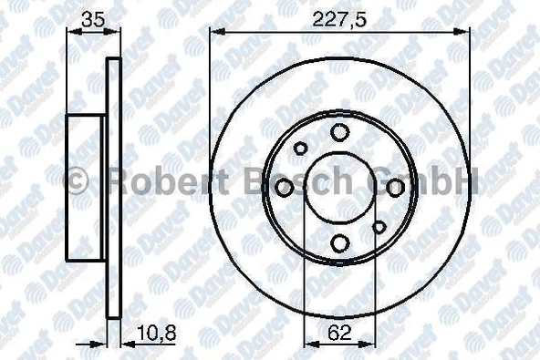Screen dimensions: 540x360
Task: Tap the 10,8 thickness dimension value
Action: click(x=157, y=333)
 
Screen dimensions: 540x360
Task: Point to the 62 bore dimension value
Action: click(x=339, y=333)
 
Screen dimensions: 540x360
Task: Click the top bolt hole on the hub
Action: click(x=339, y=132)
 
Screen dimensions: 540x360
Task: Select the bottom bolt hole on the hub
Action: click(x=339, y=242)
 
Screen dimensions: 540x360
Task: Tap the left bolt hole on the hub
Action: click(x=285, y=188)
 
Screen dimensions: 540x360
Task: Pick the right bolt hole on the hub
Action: click(x=395, y=188)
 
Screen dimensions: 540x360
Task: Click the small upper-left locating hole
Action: click(x=301, y=149)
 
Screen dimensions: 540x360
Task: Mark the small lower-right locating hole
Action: click(x=379, y=227)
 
